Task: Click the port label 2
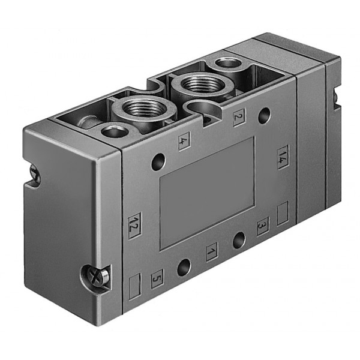(239, 117)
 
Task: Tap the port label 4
(184, 141)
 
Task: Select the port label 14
(283, 157)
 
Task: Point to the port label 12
(134, 226)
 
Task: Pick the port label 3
(263, 226)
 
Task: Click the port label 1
(212, 252)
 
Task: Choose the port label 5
(157, 279)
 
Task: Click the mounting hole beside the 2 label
(264, 115)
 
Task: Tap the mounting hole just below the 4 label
(158, 161)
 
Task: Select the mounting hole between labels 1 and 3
(239, 241)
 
